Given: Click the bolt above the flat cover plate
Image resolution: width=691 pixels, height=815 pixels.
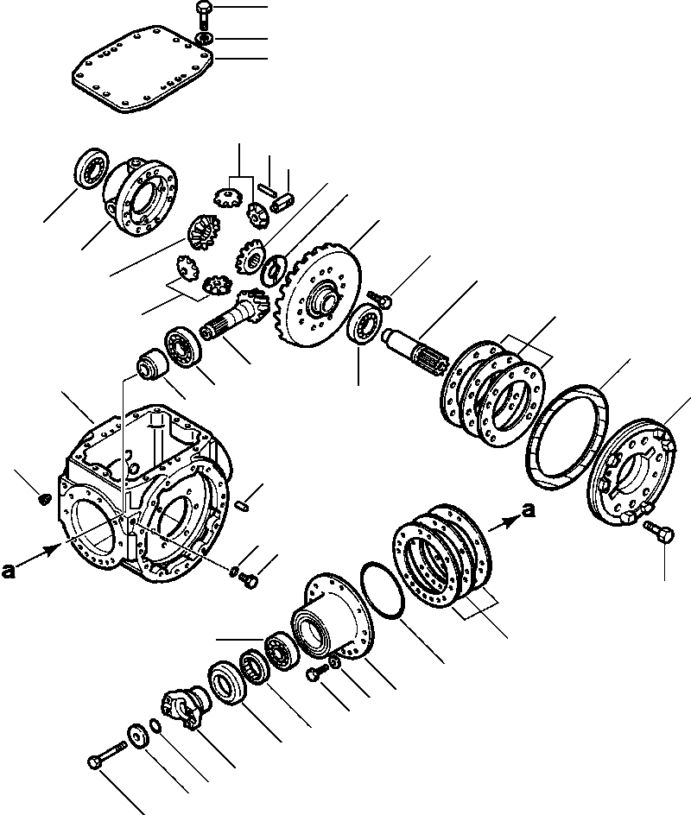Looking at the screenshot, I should coord(200,15).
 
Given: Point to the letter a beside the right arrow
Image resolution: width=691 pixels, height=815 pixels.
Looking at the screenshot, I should coord(528,512).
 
